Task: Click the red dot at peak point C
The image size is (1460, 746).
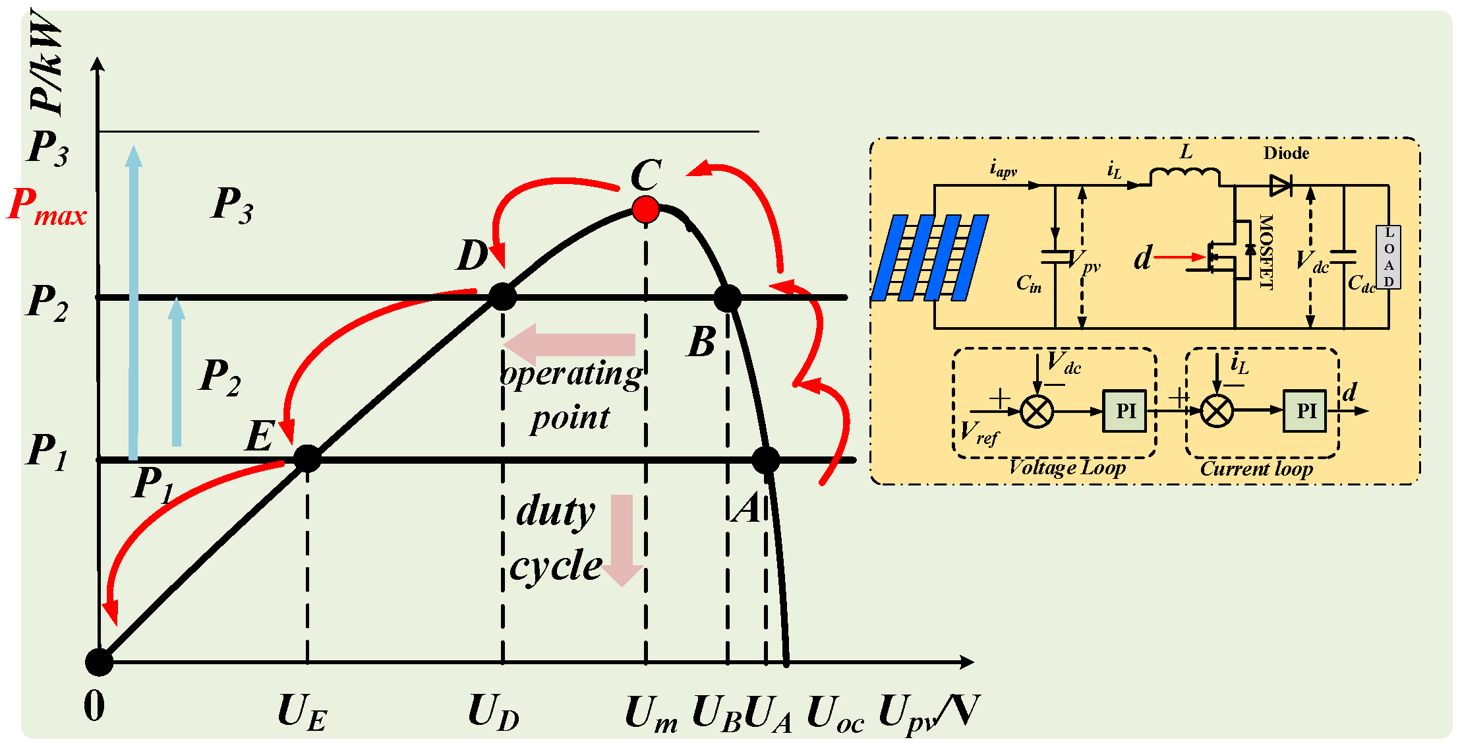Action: click(x=645, y=210)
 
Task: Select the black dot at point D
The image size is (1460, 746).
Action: click(x=503, y=297)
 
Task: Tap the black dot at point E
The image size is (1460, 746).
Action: click(x=307, y=458)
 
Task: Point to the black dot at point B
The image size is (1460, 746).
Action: click(x=728, y=298)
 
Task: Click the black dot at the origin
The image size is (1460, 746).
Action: click(x=100, y=662)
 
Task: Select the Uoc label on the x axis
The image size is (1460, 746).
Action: click(x=834, y=714)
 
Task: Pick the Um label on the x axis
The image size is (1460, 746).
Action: click(x=651, y=714)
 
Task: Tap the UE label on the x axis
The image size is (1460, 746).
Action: click(x=302, y=713)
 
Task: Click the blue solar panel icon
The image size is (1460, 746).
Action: click(x=929, y=257)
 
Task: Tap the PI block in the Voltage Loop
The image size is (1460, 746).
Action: click(x=1124, y=411)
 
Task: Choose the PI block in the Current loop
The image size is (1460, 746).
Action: click(x=1304, y=411)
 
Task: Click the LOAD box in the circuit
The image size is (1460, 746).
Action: click(x=1388, y=257)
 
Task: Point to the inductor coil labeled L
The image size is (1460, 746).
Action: click(x=1184, y=176)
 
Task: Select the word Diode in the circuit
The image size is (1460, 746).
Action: click(x=1285, y=153)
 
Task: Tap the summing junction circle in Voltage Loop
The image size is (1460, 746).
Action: click(x=1036, y=412)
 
